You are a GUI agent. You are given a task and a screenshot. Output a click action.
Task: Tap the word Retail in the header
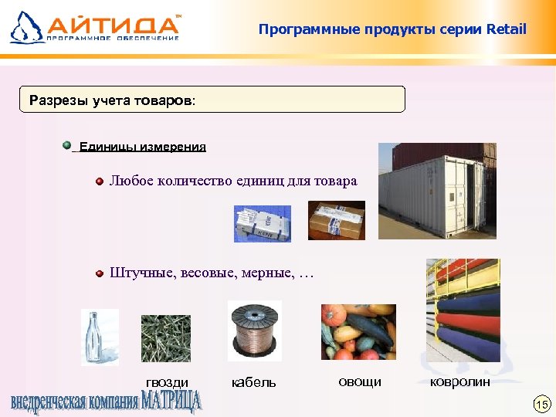pos(507,30)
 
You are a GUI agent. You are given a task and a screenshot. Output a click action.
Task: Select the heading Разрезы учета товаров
pos(113,100)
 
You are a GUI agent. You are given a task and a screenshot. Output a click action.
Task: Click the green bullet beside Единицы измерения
pos(67,144)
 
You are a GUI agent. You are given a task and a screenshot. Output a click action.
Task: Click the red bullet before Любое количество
pos(100,181)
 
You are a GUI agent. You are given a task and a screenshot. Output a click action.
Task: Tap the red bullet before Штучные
pos(100,273)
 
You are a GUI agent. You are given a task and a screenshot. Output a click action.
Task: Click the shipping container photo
pos(436,193)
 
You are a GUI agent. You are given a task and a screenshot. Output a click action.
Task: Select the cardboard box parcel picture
pos(336,220)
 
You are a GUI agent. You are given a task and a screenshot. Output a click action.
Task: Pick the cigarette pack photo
pos(263,223)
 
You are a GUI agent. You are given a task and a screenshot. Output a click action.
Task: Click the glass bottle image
pos(100,337)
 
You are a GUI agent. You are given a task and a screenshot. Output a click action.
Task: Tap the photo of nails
pos(165,338)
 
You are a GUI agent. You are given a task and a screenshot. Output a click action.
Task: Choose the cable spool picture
pos(254,331)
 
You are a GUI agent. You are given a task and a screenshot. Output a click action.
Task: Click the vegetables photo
pos(359,332)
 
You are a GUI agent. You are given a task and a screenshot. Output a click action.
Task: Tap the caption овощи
pos(360,381)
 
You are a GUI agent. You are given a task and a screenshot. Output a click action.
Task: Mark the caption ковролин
pos(460,381)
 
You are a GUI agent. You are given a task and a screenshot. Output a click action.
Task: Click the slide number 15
pos(541,404)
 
